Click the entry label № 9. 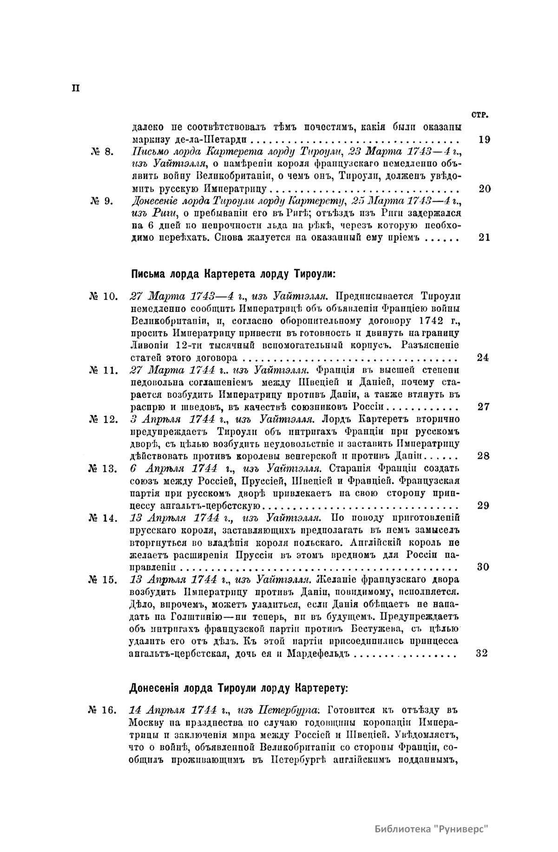(100, 202)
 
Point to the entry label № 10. (104, 296)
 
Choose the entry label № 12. (104, 419)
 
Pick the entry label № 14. (104, 518)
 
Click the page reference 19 (484, 139)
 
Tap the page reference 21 (484, 238)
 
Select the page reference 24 (483, 358)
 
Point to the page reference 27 (484, 407)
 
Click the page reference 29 (483, 505)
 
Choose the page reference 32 (482, 653)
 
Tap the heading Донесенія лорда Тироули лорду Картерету (237, 687)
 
